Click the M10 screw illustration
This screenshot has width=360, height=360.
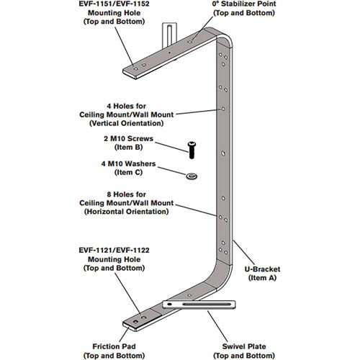[x=192, y=148]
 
